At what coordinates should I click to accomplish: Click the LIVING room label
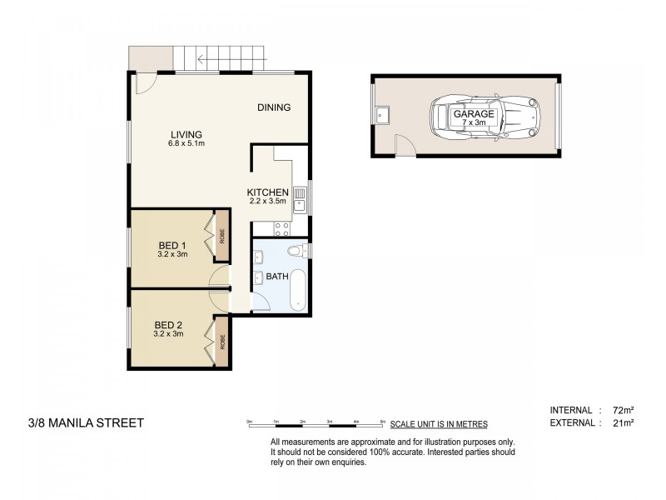point(186,134)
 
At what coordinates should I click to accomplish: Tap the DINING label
point(274,107)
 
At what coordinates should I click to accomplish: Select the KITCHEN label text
point(267,192)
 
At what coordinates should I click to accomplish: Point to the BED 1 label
point(172,245)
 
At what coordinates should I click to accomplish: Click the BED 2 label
point(168,325)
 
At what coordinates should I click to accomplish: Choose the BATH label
point(277,277)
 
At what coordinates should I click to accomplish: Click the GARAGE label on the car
point(474,114)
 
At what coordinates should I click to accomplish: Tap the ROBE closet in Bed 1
point(222,236)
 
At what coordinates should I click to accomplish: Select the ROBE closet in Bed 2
point(222,342)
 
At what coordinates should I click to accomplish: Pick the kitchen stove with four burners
point(282,229)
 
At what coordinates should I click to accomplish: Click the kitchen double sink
point(300,200)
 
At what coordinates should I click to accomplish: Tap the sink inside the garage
point(382,115)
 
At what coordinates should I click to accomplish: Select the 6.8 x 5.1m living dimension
point(186,143)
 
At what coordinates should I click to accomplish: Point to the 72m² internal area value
point(623,410)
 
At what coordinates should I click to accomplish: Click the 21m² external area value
point(623,423)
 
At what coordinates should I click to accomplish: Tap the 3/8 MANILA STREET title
point(86,423)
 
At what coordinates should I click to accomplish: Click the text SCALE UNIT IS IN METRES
point(439,424)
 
